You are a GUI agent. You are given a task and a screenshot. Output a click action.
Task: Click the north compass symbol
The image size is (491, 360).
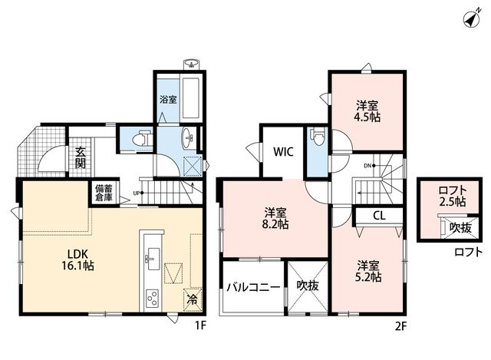(x=472, y=19)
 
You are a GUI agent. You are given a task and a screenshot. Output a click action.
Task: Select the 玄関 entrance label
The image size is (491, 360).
(x=80, y=157)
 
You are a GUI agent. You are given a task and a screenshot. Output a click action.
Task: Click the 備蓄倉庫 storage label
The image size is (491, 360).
(x=104, y=193)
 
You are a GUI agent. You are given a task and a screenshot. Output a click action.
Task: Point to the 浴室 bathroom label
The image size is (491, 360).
(x=169, y=99)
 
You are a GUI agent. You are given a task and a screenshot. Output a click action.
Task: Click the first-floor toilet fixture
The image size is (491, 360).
(x=142, y=138)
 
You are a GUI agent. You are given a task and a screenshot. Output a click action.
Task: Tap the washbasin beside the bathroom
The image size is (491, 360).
(x=189, y=138)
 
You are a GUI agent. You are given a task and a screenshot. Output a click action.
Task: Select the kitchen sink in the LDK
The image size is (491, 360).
(x=153, y=258)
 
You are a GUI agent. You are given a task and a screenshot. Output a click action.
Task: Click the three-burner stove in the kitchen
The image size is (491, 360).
(x=153, y=298)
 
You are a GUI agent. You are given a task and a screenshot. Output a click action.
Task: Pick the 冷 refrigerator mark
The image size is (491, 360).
(x=193, y=300)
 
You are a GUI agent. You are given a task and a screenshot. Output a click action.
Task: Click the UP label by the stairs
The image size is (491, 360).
(x=137, y=193)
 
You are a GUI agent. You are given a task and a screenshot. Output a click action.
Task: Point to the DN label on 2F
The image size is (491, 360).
(x=367, y=166)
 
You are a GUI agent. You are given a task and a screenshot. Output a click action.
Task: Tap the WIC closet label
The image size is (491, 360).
(x=283, y=152)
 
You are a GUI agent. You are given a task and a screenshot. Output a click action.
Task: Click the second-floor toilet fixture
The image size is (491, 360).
(x=318, y=137)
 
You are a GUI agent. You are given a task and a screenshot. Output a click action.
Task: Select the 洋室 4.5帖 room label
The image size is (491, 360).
(x=367, y=111)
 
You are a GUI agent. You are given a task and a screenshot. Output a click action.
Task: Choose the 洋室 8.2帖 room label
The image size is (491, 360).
(x=275, y=219)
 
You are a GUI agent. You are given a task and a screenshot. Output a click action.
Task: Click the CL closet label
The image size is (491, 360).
(x=379, y=216)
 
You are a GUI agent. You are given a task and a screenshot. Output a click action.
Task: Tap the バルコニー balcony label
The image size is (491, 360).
(x=253, y=287)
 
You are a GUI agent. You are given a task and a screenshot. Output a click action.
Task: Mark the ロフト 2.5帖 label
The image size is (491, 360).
(x=453, y=196)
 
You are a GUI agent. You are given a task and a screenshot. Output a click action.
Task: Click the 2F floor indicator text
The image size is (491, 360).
(x=400, y=326)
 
